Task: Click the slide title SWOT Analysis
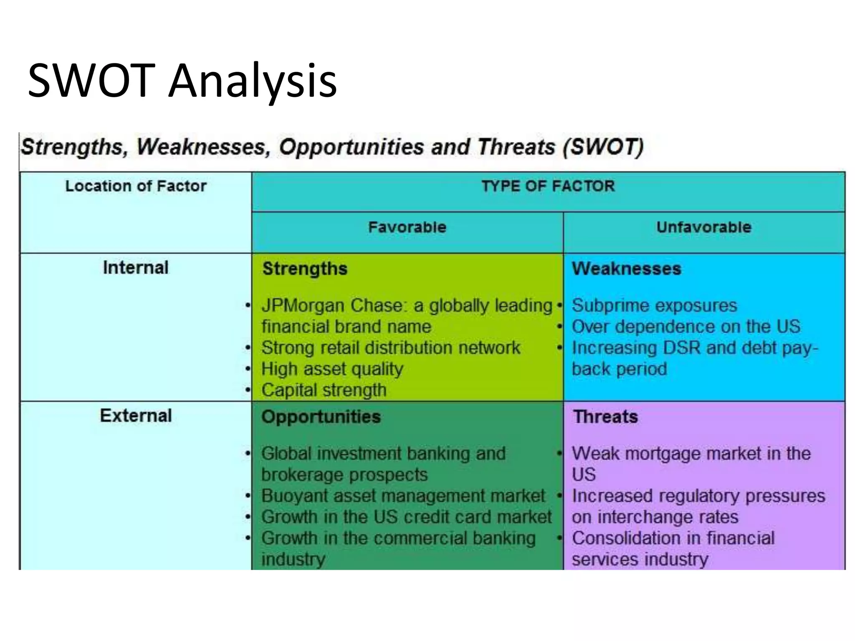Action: click(182, 80)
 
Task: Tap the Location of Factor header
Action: click(136, 186)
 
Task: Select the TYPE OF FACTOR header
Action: click(548, 186)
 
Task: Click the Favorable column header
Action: click(407, 227)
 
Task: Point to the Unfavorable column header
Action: click(703, 227)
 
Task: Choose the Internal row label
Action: click(136, 268)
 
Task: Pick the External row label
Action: click(136, 416)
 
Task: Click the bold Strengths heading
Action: click(305, 269)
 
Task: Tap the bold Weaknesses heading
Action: click(626, 269)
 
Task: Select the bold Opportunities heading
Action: click(321, 417)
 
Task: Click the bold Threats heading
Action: click(605, 417)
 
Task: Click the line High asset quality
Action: click(332, 369)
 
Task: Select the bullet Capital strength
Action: click(324, 390)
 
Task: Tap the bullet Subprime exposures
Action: click(654, 305)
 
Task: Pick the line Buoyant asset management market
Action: click(403, 496)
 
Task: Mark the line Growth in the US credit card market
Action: click(406, 517)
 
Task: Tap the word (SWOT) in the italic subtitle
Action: click(603, 147)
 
